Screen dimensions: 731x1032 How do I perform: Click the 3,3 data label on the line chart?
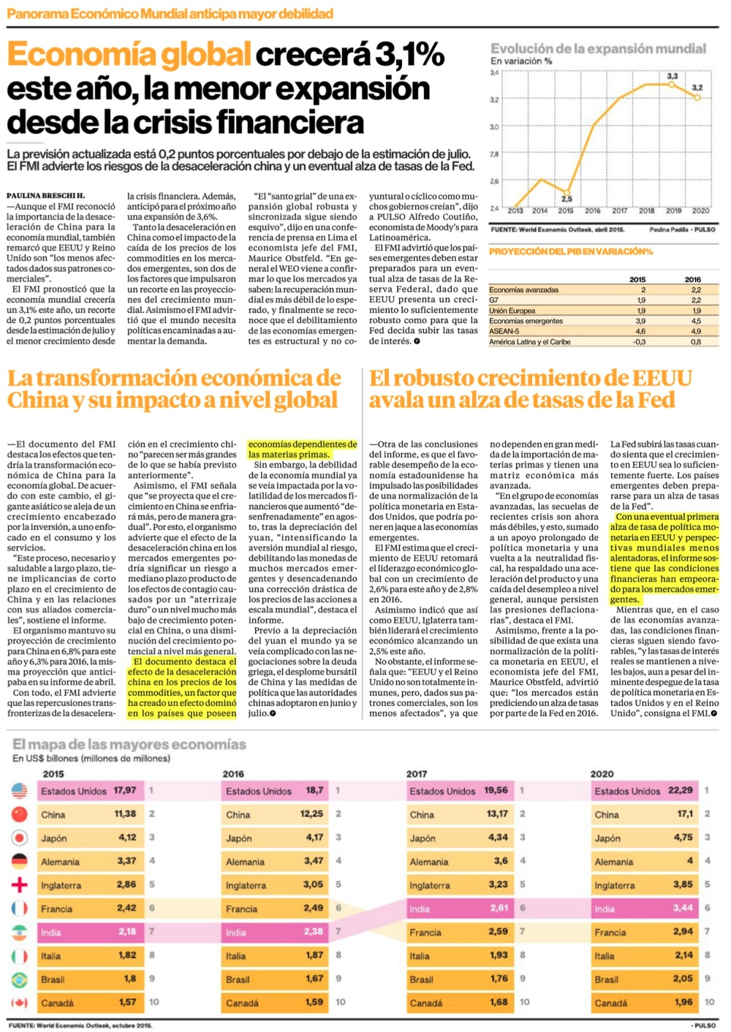tap(673, 76)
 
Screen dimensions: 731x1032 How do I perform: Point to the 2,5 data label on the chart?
tap(567, 199)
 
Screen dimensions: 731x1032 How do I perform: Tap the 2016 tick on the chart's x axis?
tap(593, 211)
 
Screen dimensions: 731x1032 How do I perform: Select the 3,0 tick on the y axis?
tap(494, 126)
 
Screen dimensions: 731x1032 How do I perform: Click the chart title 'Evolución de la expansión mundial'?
tap(598, 49)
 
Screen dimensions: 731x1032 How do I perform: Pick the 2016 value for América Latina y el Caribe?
tap(696, 342)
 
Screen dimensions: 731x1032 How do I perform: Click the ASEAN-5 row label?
tap(504, 331)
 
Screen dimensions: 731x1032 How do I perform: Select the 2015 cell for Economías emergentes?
tap(640, 321)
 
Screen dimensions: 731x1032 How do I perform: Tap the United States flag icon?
tap(19, 791)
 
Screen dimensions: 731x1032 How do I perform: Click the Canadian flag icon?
tap(19, 1003)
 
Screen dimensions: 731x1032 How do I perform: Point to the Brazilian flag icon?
tap(19, 979)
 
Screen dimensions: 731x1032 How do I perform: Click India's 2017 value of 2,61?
tap(499, 908)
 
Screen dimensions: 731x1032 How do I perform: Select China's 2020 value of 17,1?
tap(685, 814)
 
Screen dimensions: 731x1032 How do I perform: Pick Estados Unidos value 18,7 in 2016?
tap(314, 791)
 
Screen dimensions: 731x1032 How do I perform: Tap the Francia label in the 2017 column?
tap(425, 933)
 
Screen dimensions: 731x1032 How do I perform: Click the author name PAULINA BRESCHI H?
tap(45, 196)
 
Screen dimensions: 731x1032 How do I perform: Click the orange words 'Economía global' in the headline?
tap(129, 54)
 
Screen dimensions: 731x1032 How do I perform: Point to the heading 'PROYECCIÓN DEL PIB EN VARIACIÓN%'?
tap(571, 251)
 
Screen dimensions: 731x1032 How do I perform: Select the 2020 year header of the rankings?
tap(602, 774)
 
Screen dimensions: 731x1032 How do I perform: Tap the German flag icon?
tap(19, 862)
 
